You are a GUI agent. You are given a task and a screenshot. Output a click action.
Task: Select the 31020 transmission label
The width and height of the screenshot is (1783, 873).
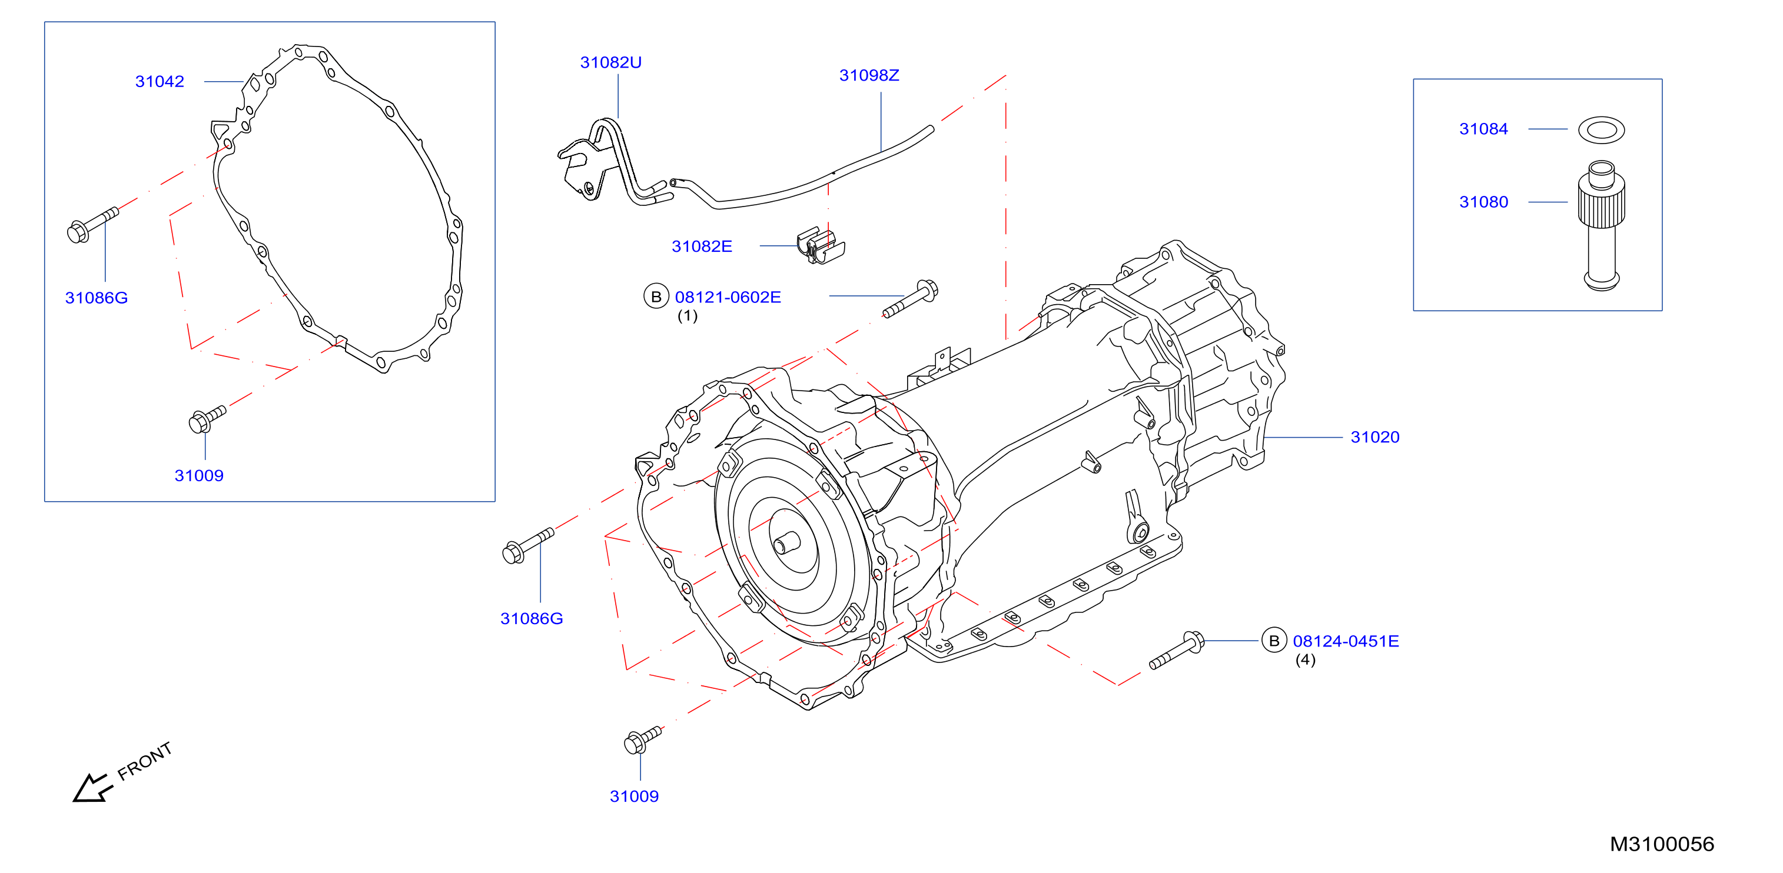pyautogui.click(x=1374, y=437)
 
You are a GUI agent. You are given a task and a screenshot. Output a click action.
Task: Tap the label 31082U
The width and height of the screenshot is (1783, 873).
pyautogui.click(x=610, y=62)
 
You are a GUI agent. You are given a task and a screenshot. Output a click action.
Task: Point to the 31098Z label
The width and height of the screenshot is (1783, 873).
pyautogui.click(x=869, y=75)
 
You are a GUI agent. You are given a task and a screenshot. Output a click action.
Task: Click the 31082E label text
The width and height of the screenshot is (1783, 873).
pyautogui.click(x=701, y=246)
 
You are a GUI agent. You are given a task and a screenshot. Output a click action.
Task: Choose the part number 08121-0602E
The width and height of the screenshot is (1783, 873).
pyautogui.click(x=728, y=298)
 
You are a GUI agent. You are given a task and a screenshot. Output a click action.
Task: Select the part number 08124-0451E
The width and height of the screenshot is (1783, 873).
pyautogui.click(x=1346, y=641)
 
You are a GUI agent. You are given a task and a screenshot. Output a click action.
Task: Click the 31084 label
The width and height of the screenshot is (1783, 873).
pyautogui.click(x=1483, y=129)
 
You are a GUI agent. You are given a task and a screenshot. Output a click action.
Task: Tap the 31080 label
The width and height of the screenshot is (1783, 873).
pyautogui.click(x=1483, y=202)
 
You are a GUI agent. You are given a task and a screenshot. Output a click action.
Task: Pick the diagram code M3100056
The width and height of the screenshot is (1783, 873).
pyautogui.click(x=1662, y=844)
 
